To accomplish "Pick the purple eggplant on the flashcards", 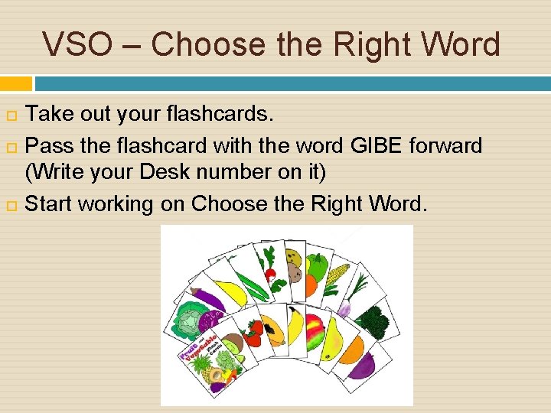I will point(206,298).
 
